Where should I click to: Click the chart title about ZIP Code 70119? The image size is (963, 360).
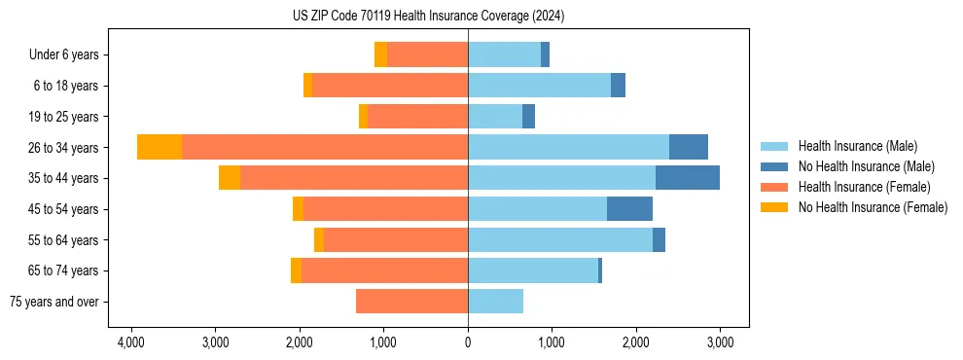[x=428, y=17]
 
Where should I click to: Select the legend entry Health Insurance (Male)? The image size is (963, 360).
[x=857, y=146]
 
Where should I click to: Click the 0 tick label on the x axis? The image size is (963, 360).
[x=468, y=343]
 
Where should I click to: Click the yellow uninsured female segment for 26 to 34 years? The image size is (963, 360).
[x=160, y=147]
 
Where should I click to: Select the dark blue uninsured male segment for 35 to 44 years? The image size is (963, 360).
[x=687, y=178]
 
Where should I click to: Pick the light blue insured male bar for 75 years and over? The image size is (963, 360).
[x=495, y=302]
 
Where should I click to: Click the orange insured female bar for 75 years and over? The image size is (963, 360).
[x=411, y=302]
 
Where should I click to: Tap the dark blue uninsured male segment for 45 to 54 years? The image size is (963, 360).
[x=629, y=209]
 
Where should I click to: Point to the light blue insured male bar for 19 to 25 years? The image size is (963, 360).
[x=495, y=117]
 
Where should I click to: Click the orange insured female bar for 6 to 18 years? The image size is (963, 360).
[x=390, y=86]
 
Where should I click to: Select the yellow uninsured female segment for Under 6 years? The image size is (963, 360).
[x=380, y=55]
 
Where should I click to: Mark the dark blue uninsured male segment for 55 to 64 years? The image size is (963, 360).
[x=659, y=239]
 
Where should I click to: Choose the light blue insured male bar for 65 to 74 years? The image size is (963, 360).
[x=533, y=270]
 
